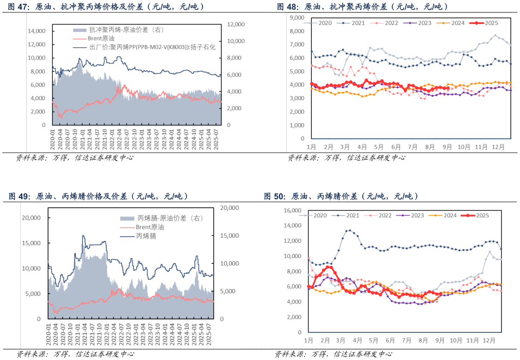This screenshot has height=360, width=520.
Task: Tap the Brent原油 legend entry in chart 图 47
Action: click(102, 38)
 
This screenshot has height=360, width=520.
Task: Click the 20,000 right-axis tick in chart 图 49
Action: click(230, 208)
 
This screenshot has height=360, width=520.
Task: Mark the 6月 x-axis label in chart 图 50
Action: click(390, 340)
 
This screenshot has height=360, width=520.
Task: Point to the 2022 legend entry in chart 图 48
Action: click(392, 23)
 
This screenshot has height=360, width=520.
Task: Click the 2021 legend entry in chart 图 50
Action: click(352, 215)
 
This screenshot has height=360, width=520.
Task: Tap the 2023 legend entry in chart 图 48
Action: click(424, 23)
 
